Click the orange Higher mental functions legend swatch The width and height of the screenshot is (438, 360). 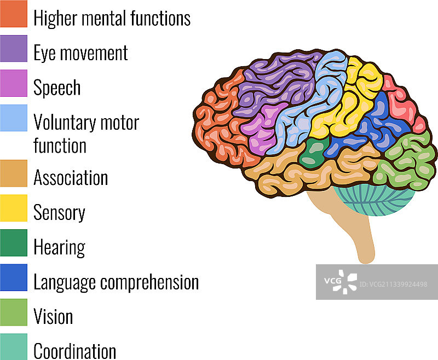(14, 14)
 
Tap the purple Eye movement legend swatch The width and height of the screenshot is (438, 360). (14, 49)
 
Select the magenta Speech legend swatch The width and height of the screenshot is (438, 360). (14, 83)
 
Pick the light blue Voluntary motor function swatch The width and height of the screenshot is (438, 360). (14, 118)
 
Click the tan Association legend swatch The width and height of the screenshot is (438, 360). (14, 173)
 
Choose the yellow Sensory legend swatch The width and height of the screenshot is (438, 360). (14, 208)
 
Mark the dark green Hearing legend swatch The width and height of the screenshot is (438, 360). (14, 243)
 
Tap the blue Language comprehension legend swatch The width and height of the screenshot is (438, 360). (14, 278)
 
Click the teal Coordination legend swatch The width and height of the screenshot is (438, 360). (14, 346)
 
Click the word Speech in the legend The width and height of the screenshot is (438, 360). (57, 88)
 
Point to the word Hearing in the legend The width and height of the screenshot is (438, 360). (59, 247)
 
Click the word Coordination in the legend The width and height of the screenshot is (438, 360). (74, 351)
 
